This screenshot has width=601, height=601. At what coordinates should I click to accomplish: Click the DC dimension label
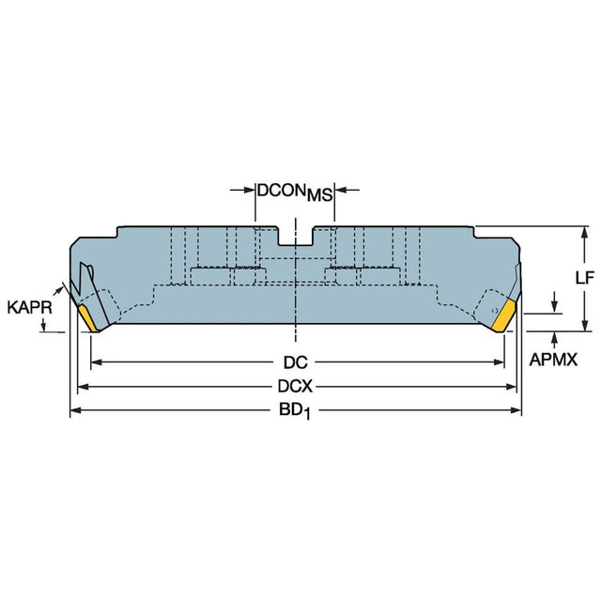pos(295,362)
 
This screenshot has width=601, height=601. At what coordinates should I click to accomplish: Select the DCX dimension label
pos(295,386)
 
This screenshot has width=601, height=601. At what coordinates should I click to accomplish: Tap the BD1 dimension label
pos(294,411)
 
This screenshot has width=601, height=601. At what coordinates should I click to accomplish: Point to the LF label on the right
pos(584,278)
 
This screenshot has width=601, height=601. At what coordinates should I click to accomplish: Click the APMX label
pos(553,360)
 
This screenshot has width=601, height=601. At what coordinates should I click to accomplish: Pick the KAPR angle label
pos(29,307)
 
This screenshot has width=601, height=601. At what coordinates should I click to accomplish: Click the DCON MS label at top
pos(295,193)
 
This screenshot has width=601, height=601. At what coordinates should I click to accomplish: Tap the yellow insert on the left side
pos(88,317)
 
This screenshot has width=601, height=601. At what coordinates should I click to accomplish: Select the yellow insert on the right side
pos(503,316)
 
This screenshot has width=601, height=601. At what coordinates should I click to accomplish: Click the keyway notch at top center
pos(295,236)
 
